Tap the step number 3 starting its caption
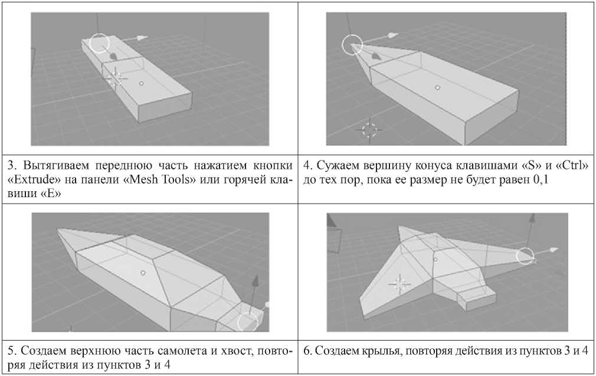pos(10,167)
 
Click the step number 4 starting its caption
pos(306,167)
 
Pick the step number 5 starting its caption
pos(10,351)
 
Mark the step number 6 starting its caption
pos(306,351)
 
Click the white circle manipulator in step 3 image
pos(100,43)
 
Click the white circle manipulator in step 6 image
pos(525,256)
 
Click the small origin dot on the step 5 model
pos(143,273)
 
